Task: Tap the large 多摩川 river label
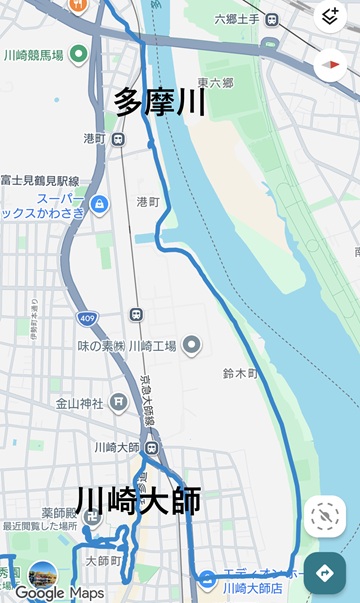tap(161, 102)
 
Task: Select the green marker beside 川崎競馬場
tap(78, 54)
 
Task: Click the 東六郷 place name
tap(214, 83)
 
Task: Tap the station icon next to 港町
tap(119, 139)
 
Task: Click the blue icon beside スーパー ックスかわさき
tap(99, 205)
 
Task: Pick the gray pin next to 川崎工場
tap(191, 345)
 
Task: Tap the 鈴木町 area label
tap(240, 373)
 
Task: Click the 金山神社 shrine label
tap(79, 404)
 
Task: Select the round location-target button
tap(325, 516)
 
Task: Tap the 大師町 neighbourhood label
tap(103, 561)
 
